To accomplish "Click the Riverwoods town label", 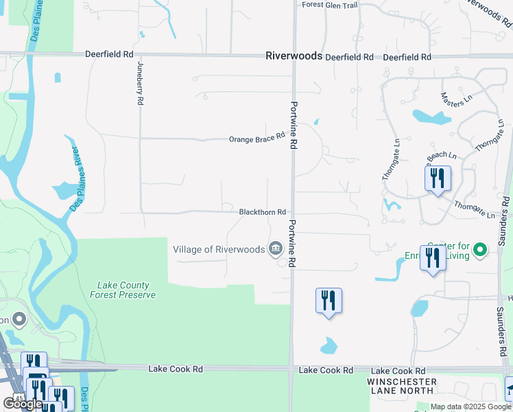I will [294, 56].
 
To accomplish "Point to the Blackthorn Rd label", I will [261, 213].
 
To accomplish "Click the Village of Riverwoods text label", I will [219, 249].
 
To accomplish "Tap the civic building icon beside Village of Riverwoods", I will [276, 248].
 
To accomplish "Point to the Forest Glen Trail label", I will [330, 5].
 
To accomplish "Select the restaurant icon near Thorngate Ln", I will [437, 179].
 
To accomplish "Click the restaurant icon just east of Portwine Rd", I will [329, 301].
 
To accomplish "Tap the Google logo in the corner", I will [22, 404].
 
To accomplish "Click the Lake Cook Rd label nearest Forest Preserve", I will [176, 369].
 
